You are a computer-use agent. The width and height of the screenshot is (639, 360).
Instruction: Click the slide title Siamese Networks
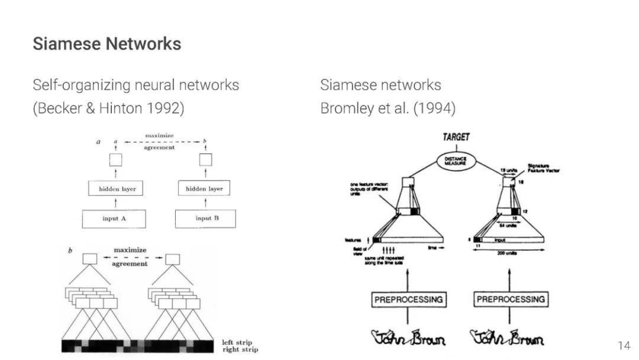(x=107, y=44)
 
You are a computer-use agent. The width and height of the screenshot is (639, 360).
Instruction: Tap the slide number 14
(x=624, y=345)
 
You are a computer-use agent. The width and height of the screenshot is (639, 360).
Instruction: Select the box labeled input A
(x=115, y=218)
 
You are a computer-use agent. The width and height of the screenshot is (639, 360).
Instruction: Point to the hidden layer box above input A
(x=115, y=189)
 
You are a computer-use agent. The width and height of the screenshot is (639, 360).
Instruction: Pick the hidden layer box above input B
(x=204, y=189)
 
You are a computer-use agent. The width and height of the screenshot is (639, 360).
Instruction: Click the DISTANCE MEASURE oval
(x=456, y=160)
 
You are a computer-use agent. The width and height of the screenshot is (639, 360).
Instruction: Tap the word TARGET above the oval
(x=456, y=137)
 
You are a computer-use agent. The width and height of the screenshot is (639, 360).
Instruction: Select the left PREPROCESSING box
(x=409, y=300)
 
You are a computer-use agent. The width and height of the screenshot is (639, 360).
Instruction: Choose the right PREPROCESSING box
(x=511, y=300)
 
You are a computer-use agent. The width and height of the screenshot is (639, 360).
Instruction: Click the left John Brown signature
(x=408, y=338)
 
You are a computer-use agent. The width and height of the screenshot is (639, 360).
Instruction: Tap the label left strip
(x=237, y=342)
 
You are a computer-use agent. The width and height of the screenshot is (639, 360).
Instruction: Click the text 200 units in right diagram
(x=509, y=252)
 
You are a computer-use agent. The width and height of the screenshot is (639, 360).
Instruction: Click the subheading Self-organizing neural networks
(x=136, y=85)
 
